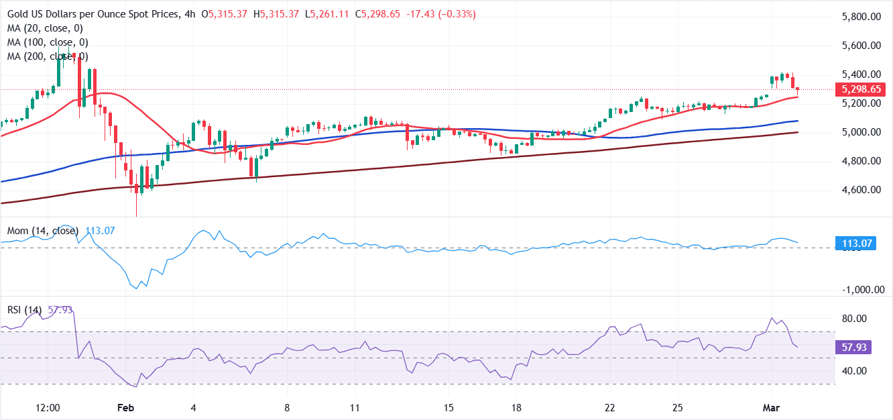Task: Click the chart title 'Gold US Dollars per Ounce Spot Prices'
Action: (x=92, y=14)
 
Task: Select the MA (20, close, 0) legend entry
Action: (x=44, y=28)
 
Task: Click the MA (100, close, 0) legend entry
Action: (x=47, y=42)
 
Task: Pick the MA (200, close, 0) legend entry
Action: (x=47, y=56)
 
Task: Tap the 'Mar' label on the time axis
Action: (x=771, y=408)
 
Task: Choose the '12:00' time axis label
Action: (x=48, y=408)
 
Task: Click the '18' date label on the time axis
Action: (x=516, y=408)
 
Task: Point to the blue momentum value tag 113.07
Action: (x=856, y=244)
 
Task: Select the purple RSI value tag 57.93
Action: (x=856, y=348)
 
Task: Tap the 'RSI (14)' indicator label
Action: (x=24, y=310)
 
